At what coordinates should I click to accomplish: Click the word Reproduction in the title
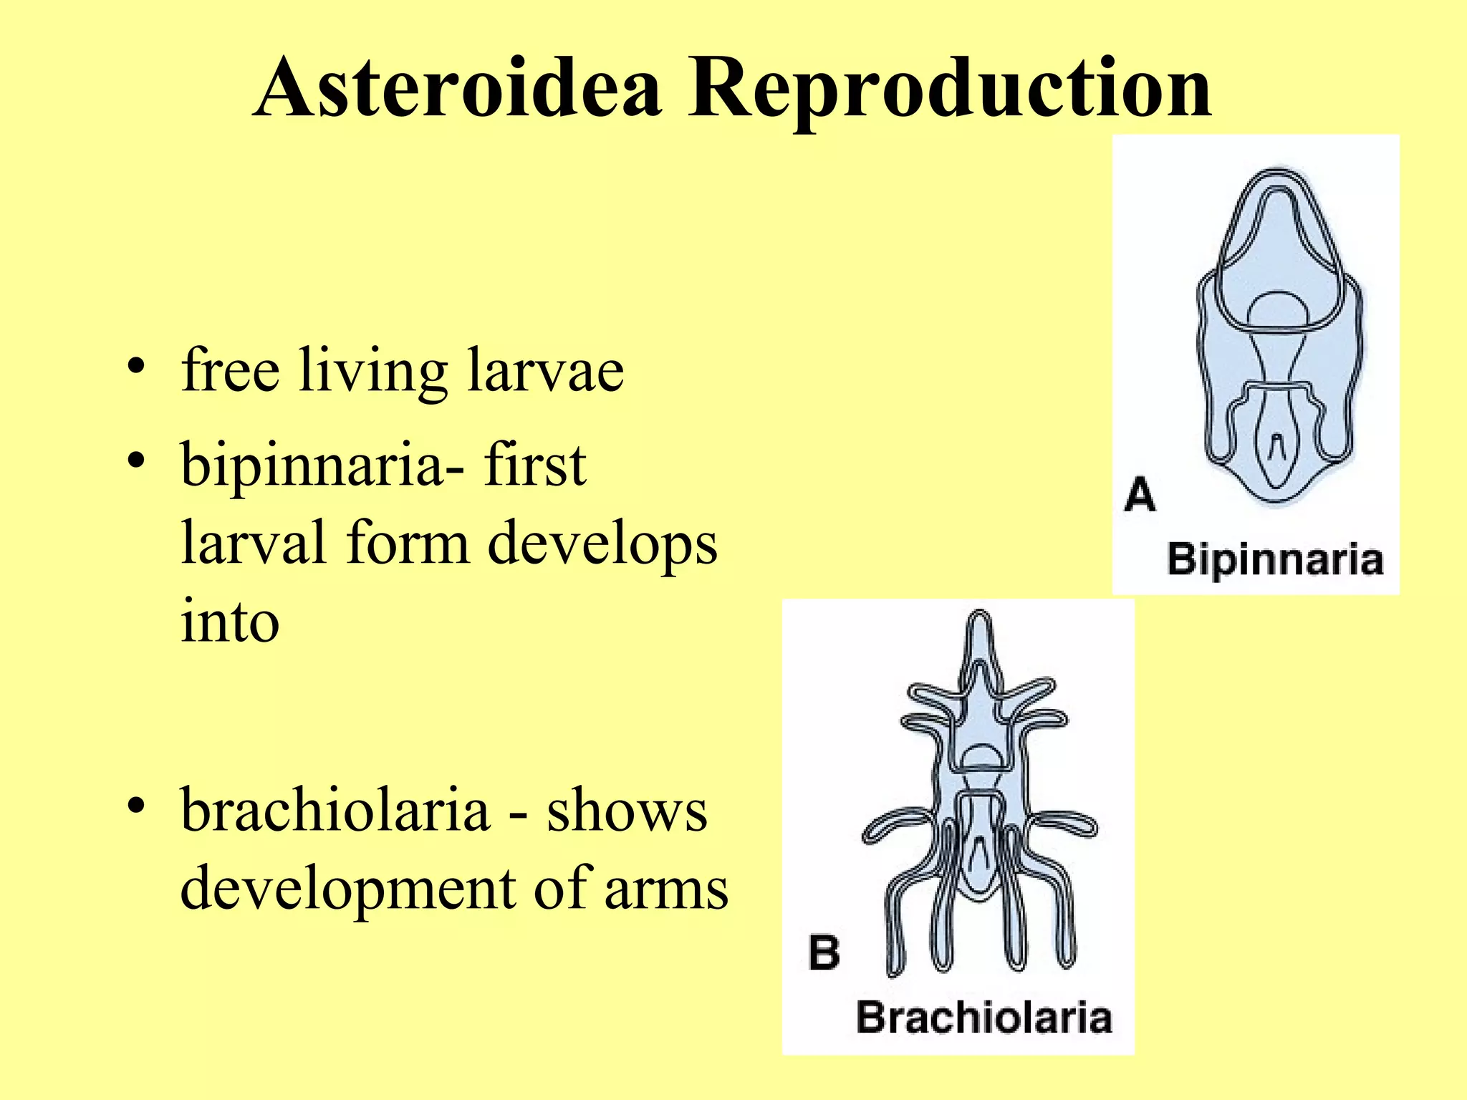click(x=950, y=90)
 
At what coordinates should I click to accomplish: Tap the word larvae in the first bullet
click(x=545, y=370)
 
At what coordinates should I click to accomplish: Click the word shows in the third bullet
click(x=627, y=811)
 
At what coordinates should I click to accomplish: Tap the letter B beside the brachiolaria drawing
click(x=824, y=952)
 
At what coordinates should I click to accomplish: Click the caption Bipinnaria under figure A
click(x=1275, y=559)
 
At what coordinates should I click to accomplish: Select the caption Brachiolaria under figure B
click(x=983, y=1018)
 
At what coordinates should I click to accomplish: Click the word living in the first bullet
click(x=373, y=370)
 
